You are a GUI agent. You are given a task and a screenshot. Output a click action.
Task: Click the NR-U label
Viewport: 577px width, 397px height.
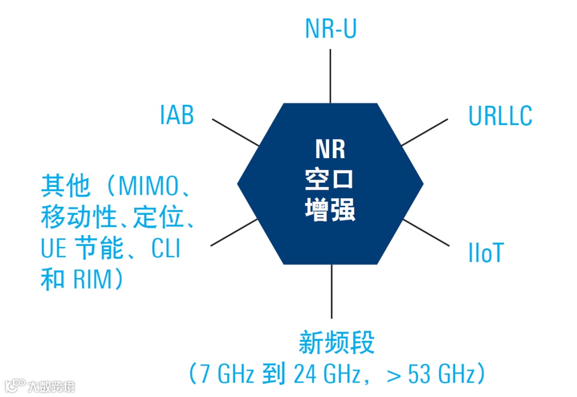pos(330,29)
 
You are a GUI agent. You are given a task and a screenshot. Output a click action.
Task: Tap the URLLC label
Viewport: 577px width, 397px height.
pos(500,116)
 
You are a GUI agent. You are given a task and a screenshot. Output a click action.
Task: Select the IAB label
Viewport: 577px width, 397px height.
pos(177,115)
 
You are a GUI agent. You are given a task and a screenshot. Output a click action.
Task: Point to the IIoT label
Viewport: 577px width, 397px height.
pos(485,253)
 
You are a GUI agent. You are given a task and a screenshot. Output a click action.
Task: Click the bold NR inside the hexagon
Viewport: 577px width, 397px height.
pos(330,149)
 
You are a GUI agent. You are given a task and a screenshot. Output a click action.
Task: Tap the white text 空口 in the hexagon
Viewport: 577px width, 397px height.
pos(330,180)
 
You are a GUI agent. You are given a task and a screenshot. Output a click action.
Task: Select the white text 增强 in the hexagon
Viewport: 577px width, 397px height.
pos(330,209)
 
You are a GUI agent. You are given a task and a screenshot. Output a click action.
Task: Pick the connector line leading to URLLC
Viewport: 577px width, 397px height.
pos(425,132)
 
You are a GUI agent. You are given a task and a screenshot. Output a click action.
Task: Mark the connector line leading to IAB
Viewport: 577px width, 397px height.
pos(236,132)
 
